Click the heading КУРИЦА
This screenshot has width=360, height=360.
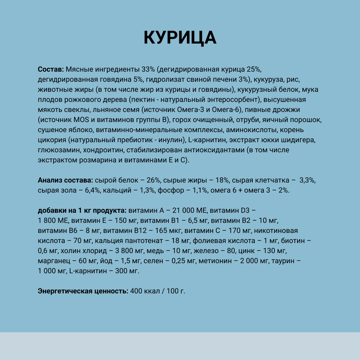click(x=180, y=37)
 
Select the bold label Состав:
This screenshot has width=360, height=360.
click(x=51, y=69)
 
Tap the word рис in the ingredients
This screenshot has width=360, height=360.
click(x=300, y=79)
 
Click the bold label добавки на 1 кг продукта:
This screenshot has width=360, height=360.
click(x=82, y=210)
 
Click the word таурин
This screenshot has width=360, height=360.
click(x=284, y=261)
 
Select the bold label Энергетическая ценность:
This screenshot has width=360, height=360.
click(x=83, y=291)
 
